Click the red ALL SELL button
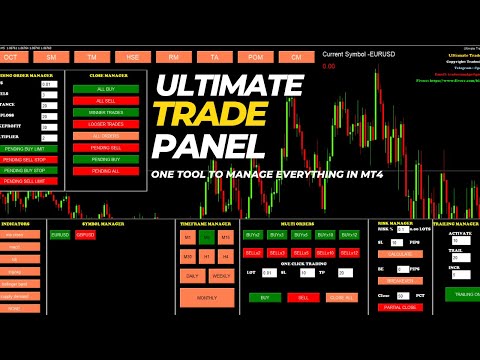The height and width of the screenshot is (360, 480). (x=105, y=101)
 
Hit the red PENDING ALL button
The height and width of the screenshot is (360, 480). (x=105, y=172)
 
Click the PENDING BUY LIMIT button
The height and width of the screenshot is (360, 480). (x=30, y=148)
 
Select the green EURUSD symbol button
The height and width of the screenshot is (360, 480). (x=60, y=235)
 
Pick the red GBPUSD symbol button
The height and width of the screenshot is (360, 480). (x=85, y=235)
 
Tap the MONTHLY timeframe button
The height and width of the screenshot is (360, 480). (x=206, y=297)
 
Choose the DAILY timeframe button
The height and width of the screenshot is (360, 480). (x=190, y=274)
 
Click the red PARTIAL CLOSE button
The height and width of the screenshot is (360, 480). (x=401, y=307)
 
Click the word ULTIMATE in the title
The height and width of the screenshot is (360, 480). (x=230, y=79)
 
